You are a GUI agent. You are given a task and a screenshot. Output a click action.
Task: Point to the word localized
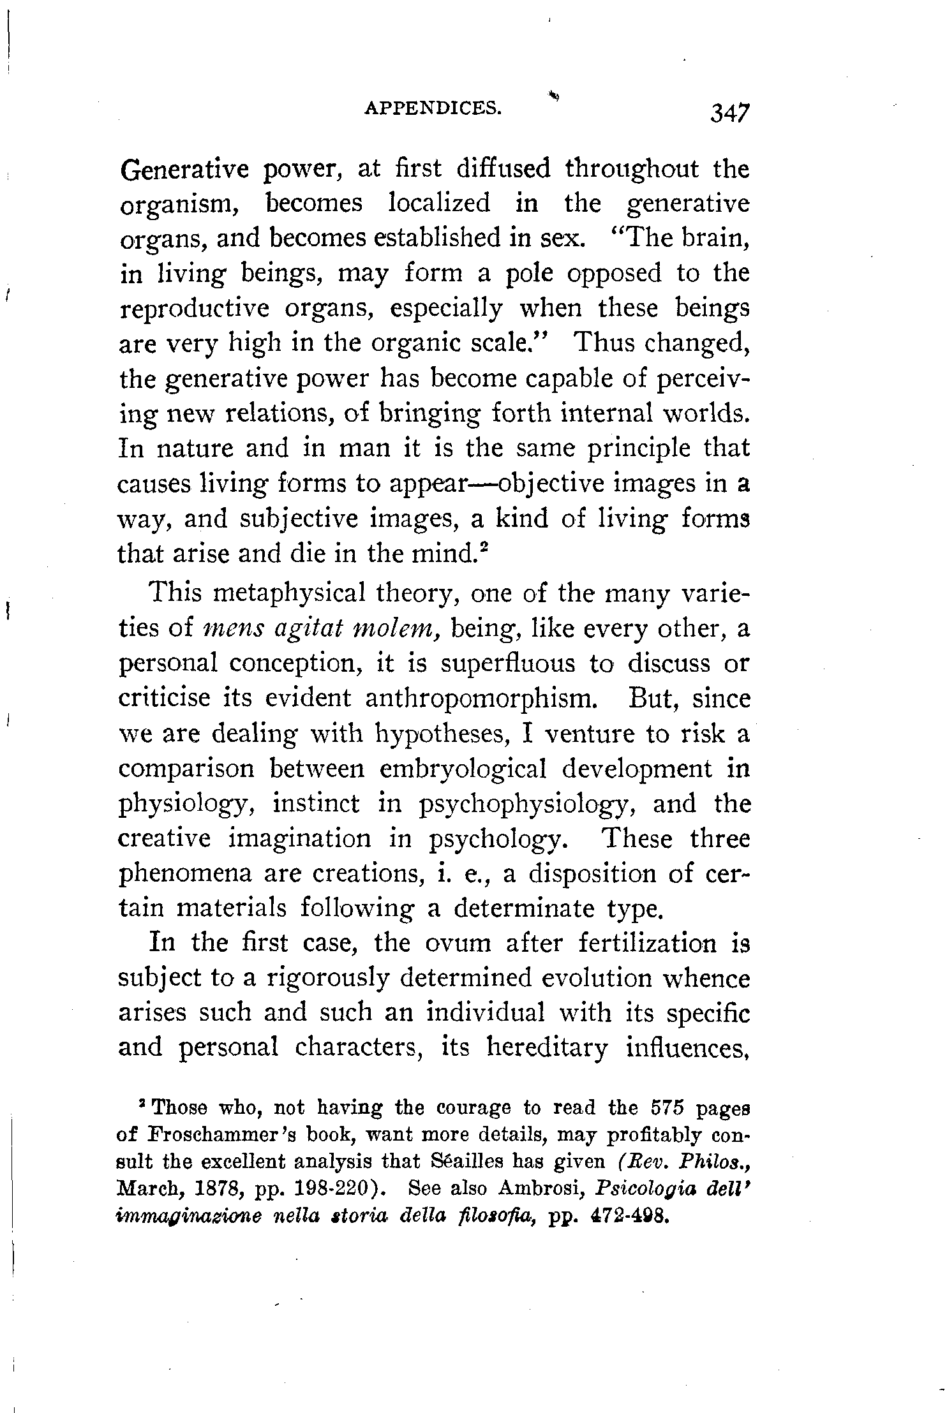coord(439,203)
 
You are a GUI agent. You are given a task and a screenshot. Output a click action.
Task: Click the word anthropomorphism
coord(481,699)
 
